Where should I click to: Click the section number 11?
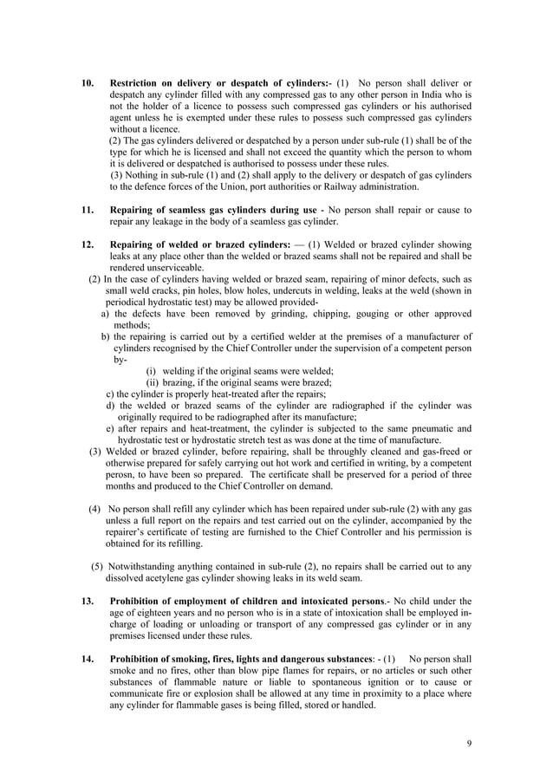tap(87, 210)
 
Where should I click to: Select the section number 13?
tap(87, 602)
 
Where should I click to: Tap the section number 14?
tap(87, 658)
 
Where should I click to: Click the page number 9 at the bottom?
tap(468, 743)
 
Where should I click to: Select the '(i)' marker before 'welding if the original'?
tap(153, 370)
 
